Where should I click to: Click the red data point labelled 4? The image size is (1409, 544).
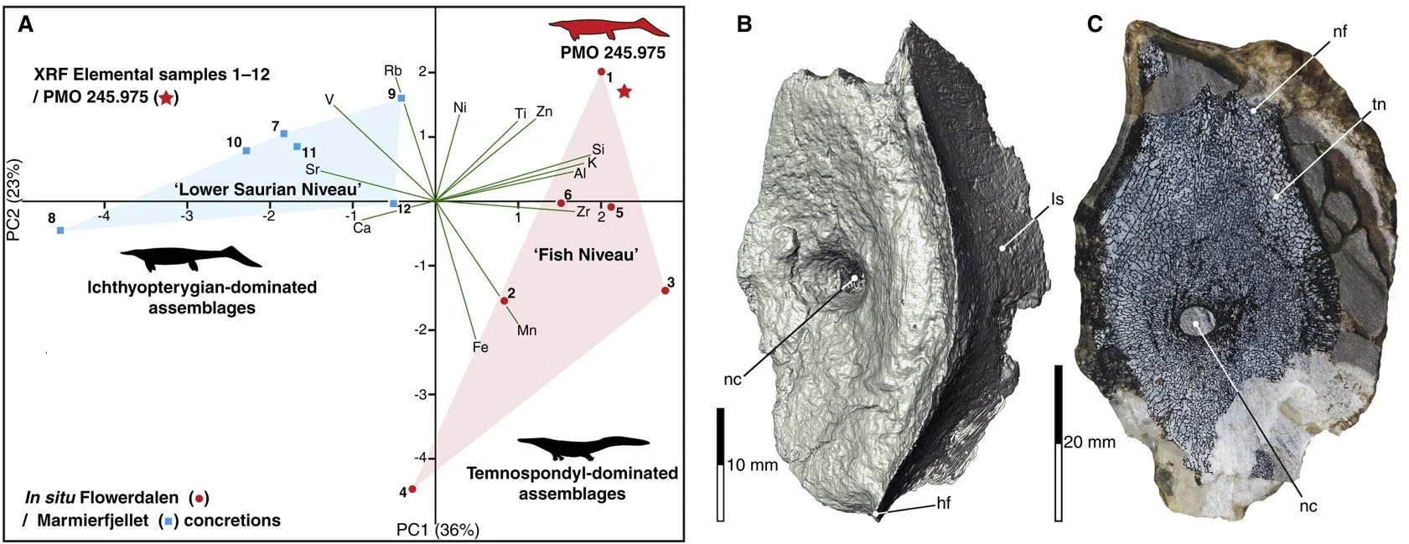click(412, 489)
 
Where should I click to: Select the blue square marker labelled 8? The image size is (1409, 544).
click(60, 231)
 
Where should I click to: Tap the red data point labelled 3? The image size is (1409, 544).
click(665, 290)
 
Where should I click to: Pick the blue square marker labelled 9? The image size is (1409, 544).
click(401, 98)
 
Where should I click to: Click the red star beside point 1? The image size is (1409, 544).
click(624, 91)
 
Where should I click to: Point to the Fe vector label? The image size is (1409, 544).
click(480, 347)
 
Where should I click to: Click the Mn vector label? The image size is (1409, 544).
click(526, 330)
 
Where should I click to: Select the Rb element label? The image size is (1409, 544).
click(393, 70)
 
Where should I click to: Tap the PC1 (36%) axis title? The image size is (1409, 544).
click(438, 530)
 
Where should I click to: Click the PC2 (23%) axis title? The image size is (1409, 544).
click(14, 200)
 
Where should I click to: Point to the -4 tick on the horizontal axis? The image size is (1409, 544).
click(103, 215)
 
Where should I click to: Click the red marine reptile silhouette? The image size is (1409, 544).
click(609, 29)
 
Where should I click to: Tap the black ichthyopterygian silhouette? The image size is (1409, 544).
click(191, 258)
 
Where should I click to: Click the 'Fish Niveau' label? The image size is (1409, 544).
click(586, 255)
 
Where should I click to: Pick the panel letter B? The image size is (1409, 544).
click(743, 24)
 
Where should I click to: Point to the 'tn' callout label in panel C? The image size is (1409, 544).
click(1377, 105)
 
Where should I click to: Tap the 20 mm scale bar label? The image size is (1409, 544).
click(1090, 442)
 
